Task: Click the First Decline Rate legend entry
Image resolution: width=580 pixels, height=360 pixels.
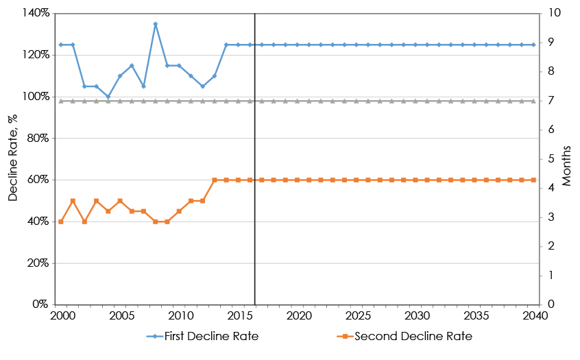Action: (x=202, y=337)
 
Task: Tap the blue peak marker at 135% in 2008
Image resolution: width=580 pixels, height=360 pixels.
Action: (x=156, y=24)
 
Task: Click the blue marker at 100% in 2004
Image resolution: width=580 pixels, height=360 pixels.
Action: (x=108, y=97)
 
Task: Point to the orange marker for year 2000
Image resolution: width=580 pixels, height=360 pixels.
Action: (x=61, y=221)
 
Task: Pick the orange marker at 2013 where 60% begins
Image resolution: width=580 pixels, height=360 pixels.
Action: (x=215, y=180)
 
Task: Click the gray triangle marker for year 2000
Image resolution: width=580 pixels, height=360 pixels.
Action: (x=61, y=101)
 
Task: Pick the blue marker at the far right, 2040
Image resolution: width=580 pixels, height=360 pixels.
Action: (x=533, y=45)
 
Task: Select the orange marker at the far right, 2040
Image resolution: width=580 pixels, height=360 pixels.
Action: (x=533, y=180)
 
